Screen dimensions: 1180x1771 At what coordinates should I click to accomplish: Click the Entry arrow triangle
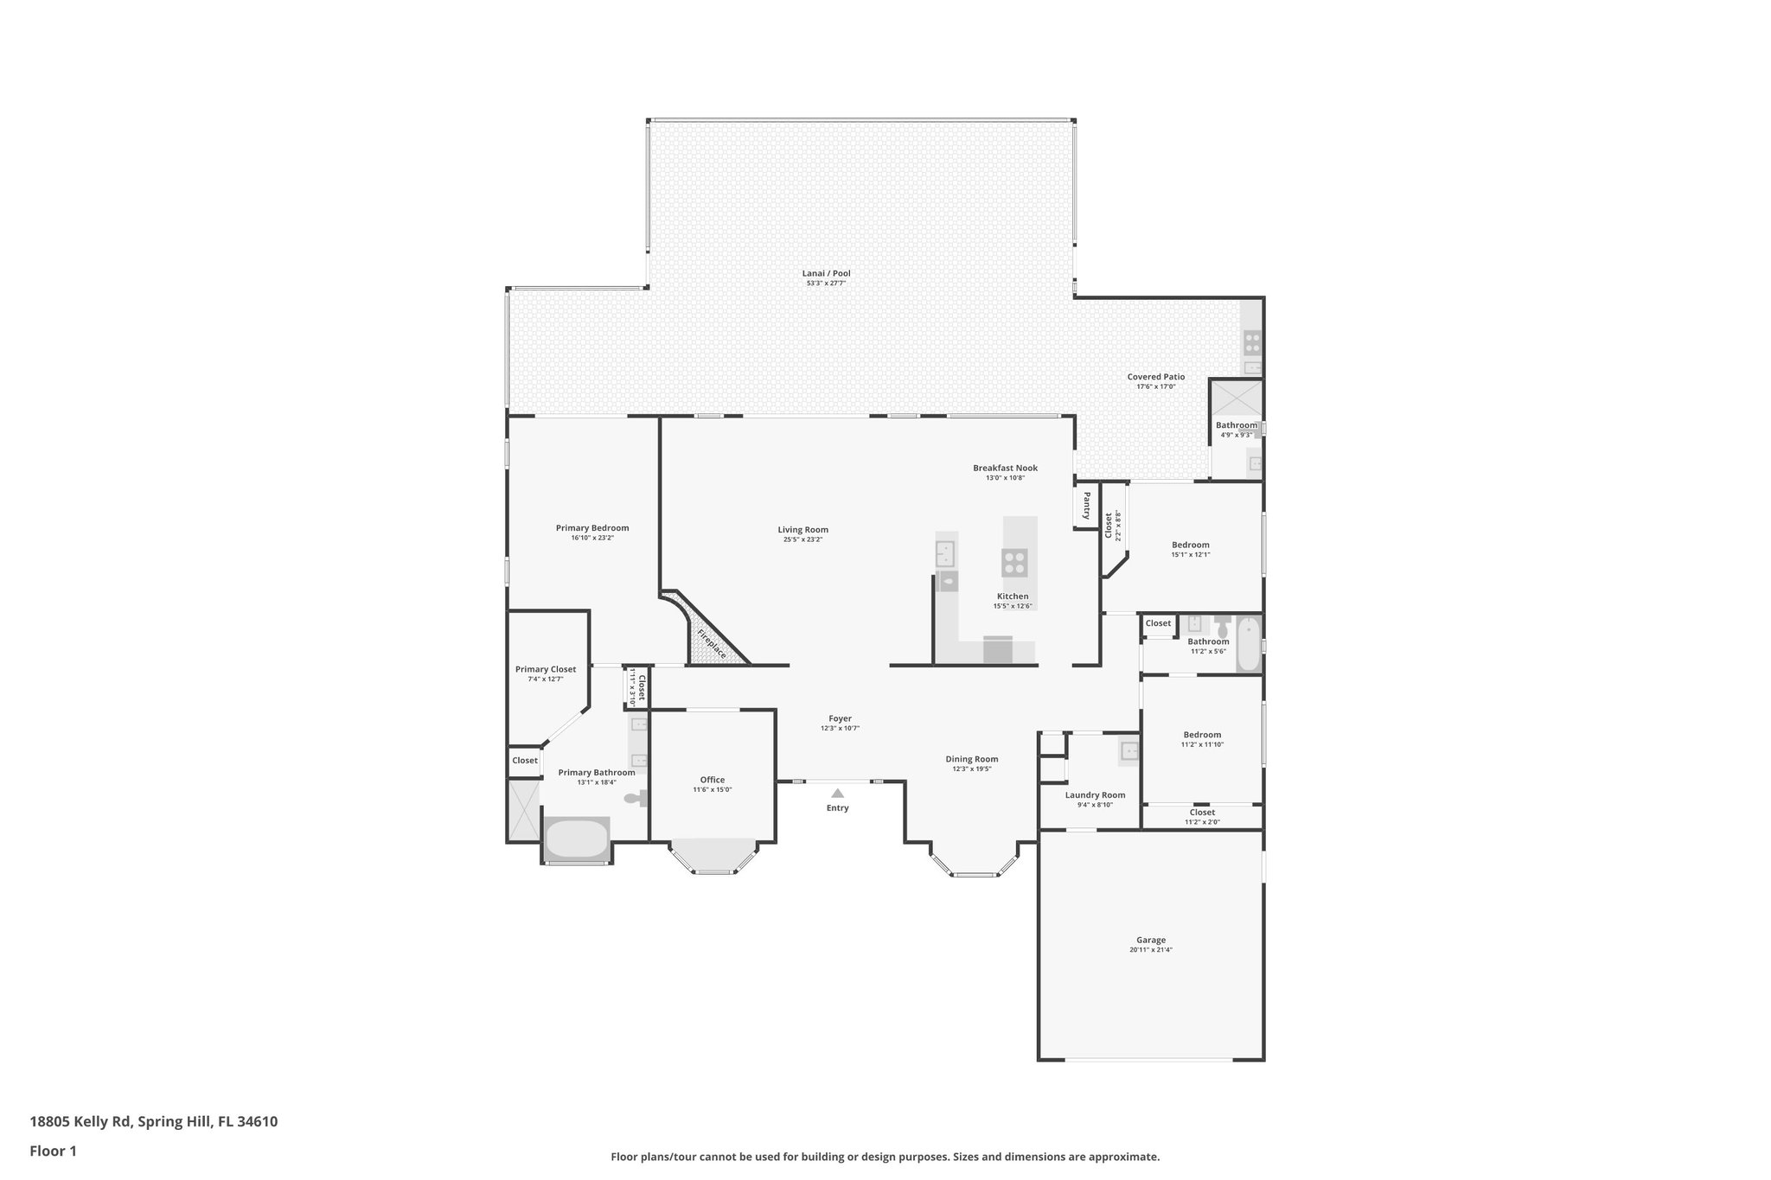click(837, 793)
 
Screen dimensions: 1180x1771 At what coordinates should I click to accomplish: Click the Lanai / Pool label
click(826, 273)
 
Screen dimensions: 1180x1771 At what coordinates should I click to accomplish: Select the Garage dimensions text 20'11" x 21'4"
click(1150, 950)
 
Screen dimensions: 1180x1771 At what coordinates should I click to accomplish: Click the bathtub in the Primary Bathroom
click(577, 839)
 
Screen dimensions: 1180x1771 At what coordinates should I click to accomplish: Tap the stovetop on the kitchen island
click(1014, 563)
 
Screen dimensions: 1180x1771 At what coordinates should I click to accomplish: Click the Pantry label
click(1086, 506)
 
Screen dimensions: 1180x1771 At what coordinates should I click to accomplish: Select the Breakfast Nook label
click(1005, 468)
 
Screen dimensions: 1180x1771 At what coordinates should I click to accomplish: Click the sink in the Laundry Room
click(1129, 751)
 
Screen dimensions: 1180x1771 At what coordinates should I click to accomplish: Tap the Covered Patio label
click(1155, 377)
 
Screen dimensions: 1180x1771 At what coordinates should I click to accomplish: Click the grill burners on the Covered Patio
click(1251, 343)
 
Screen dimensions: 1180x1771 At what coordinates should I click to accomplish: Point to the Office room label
click(712, 780)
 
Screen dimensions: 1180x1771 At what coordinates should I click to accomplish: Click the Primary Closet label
click(545, 669)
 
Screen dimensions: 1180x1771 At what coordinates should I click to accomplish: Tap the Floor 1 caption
click(53, 1151)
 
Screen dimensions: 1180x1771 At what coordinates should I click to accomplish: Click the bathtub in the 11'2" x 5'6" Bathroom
click(1248, 644)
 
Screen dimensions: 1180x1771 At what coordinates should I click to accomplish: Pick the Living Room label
click(802, 530)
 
